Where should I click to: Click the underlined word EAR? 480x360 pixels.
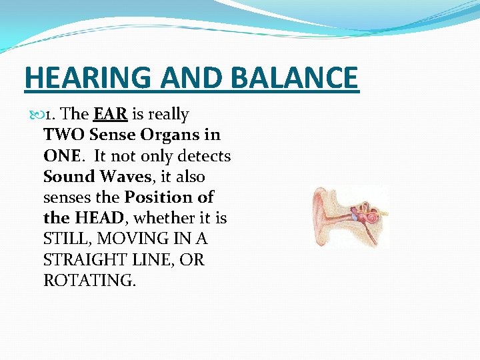pos(111,114)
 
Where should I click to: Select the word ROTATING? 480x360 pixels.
pos(89,280)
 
